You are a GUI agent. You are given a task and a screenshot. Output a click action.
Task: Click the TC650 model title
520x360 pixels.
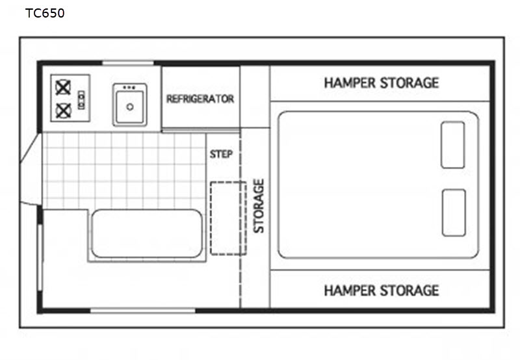coord(45,13)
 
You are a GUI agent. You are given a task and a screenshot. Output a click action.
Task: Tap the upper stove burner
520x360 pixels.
coord(63,88)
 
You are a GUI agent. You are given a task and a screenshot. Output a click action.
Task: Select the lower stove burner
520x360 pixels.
coord(63,110)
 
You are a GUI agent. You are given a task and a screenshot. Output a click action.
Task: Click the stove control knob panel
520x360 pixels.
coord(81,100)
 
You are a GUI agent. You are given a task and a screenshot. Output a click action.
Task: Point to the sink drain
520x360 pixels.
coord(130,107)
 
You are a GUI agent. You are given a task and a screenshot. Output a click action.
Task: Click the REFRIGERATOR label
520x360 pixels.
coord(200,99)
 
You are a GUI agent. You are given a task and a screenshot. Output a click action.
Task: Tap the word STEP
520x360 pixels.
coord(221,154)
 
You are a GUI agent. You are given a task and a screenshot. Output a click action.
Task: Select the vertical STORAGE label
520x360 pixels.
coord(259,206)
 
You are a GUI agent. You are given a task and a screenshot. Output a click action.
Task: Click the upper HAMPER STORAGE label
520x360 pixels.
coord(382,83)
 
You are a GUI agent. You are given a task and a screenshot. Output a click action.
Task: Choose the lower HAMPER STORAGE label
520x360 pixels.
coord(382,290)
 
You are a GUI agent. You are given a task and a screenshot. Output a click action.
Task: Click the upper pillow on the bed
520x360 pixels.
coord(452,145)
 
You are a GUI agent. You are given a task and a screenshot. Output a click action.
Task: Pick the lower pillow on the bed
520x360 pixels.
coord(454,213)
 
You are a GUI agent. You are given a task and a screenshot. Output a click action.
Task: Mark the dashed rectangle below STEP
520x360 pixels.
coord(229,218)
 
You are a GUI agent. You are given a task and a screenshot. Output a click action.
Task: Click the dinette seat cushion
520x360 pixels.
coord(147,233)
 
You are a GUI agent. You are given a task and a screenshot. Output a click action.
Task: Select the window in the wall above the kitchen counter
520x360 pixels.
coord(128,63)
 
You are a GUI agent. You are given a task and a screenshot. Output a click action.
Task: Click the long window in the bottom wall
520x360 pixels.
coord(143,311)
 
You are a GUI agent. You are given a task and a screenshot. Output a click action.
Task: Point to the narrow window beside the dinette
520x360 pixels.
coord(40,258)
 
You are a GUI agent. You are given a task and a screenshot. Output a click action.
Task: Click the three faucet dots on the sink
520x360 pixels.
coord(129,88)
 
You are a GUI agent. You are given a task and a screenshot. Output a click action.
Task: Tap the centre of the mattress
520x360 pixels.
coord(378,185)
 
